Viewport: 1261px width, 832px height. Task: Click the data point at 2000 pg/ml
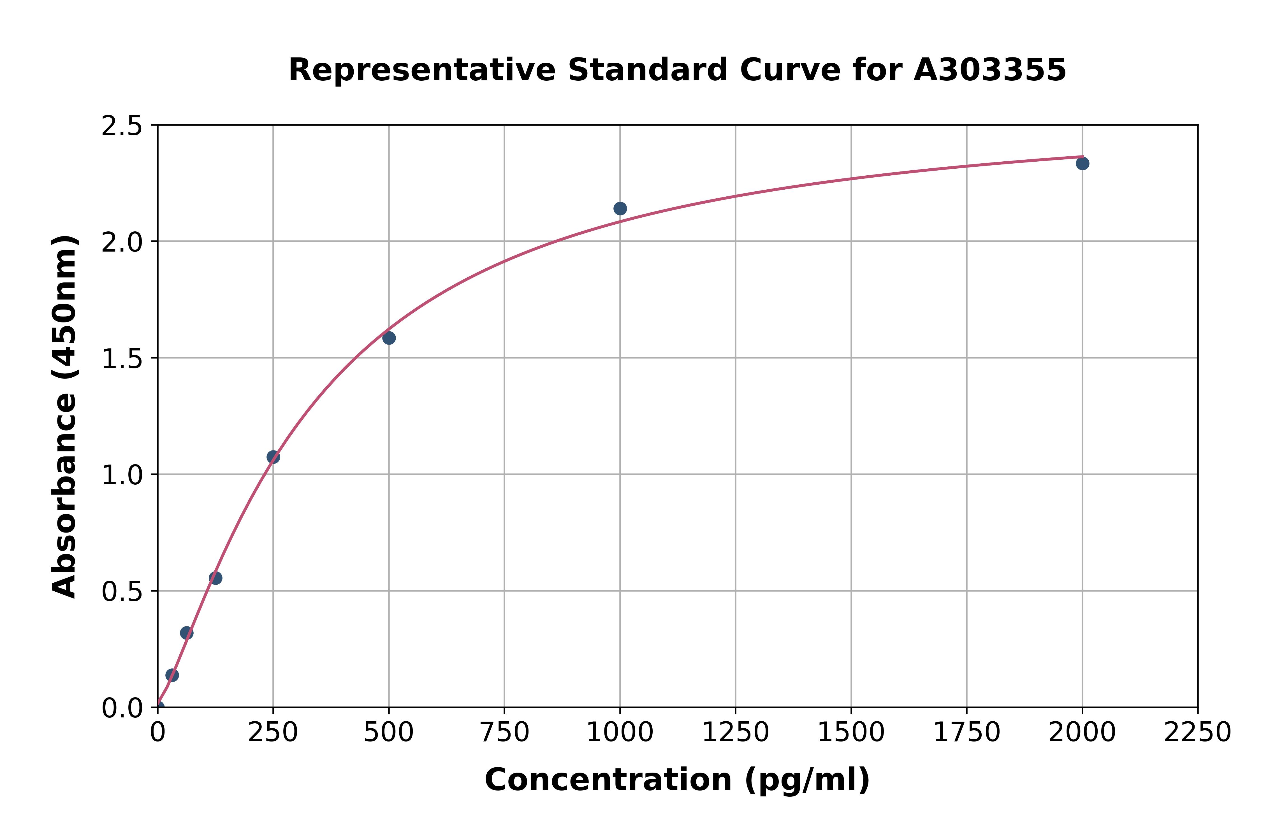[1082, 163]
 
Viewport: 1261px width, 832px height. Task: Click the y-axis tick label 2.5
[122, 126]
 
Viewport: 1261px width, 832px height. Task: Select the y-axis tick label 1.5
[122, 359]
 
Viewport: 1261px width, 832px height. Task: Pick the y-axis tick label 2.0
[122, 243]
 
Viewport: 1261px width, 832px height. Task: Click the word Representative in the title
[422, 70]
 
